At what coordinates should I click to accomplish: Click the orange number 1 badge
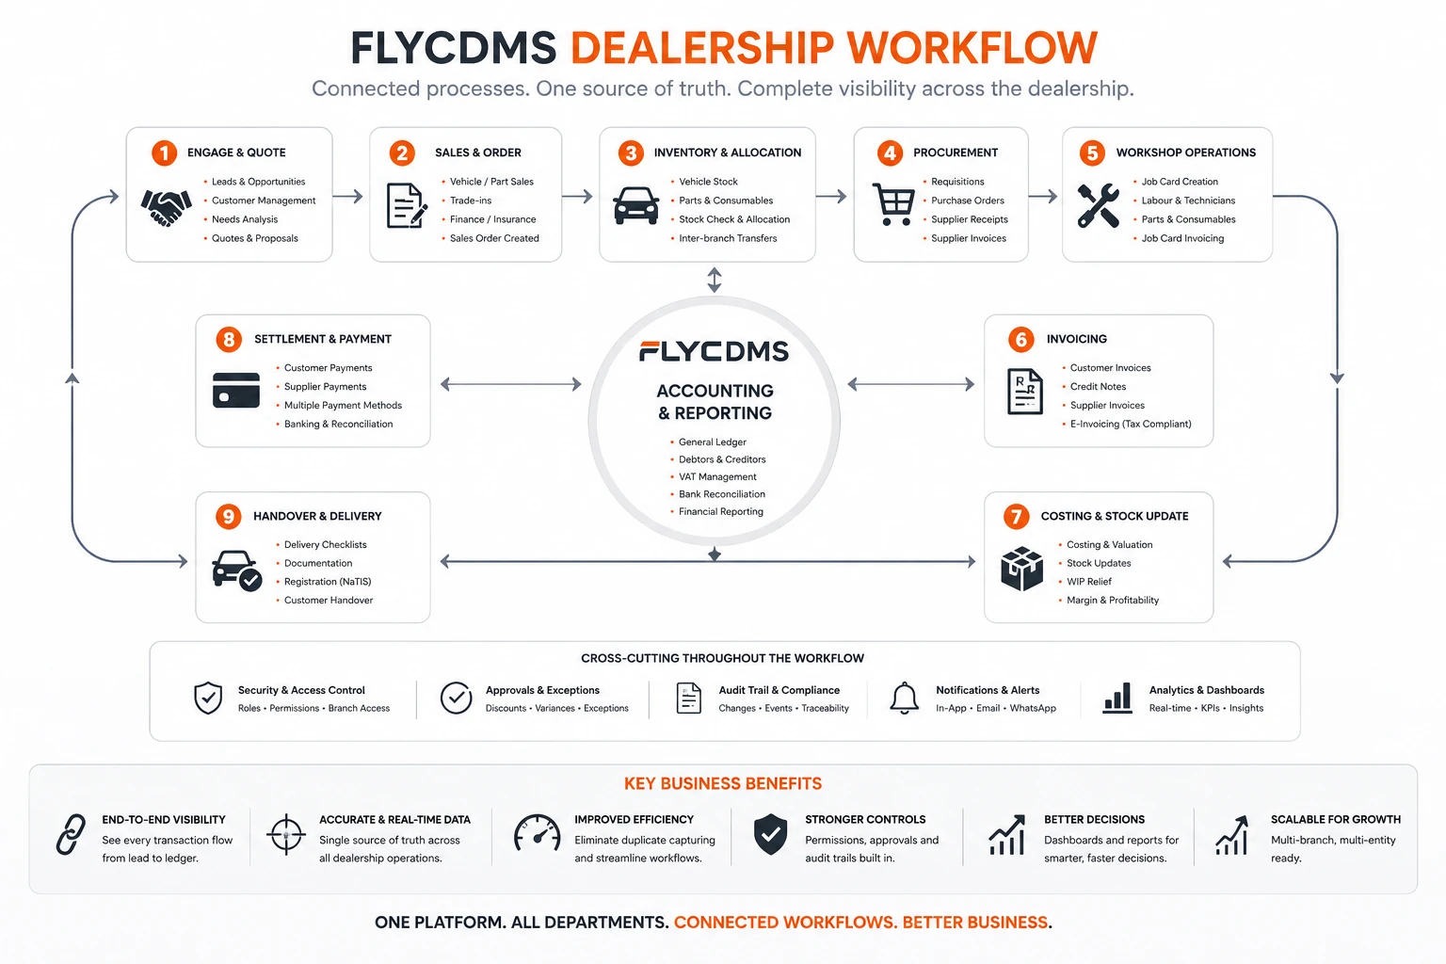pos(164,153)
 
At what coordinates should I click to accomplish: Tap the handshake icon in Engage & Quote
pos(166,207)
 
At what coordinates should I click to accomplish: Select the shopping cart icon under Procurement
pos(893,204)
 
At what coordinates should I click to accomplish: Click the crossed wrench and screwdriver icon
pos(1098,205)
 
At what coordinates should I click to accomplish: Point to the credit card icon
pos(236,390)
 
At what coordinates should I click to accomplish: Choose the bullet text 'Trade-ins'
pos(471,201)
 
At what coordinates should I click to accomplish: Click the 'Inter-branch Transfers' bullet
pos(728,238)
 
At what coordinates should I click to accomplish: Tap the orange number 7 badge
pos(1016,517)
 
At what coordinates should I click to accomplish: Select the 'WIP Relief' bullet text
pos(1089,582)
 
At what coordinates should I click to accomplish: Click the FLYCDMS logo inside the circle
pos(714,351)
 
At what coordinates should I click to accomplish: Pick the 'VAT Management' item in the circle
pos(717,477)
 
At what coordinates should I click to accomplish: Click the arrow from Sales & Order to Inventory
pos(577,197)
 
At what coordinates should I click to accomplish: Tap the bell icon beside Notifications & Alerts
pos(904,698)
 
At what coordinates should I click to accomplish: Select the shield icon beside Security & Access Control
pos(208,698)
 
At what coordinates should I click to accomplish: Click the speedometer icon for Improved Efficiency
pos(538,833)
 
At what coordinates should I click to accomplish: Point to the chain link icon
pos(71,834)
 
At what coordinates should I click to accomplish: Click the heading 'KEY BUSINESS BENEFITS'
pos(722,784)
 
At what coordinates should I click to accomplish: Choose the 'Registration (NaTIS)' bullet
pos(328,582)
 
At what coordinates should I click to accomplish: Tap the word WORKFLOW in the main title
pos(972,48)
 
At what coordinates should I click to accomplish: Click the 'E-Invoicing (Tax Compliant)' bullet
pos(1131,425)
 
